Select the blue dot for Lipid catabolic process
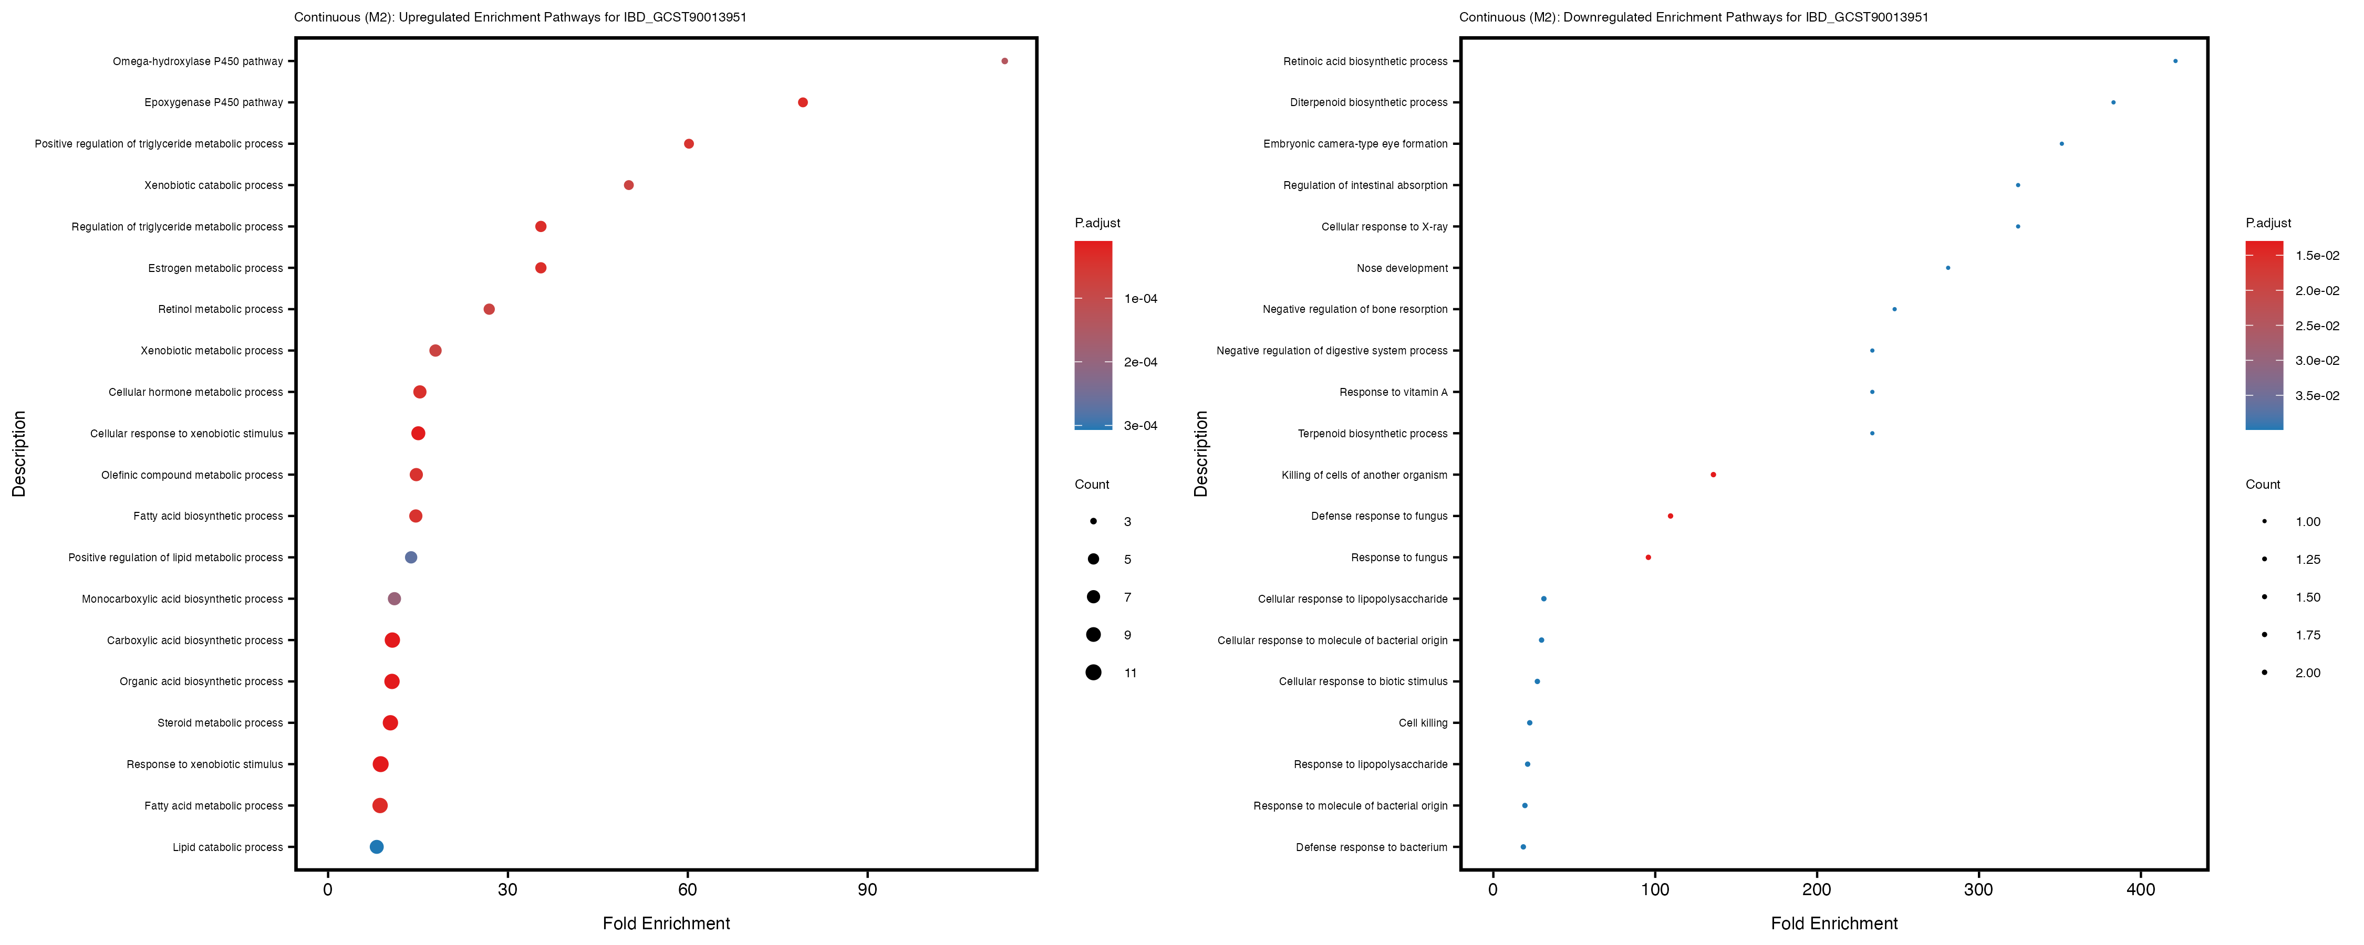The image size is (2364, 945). click(x=376, y=847)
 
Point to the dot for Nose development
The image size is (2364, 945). click(x=1948, y=268)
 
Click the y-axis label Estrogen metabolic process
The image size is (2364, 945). click(x=216, y=268)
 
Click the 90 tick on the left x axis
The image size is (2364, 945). click(x=867, y=889)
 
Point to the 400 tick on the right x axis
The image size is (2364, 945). click(x=2141, y=889)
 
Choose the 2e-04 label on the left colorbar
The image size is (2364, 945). click(x=1140, y=362)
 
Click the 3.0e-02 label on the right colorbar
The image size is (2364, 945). click(x=2317, y=361)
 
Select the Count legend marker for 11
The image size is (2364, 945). click(x=1093, y=673)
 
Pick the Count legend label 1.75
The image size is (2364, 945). click(x=2307, y=635)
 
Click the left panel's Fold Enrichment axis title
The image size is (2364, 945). click(x=666, y=923)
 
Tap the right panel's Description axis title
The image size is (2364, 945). click(x=1201, y=453)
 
